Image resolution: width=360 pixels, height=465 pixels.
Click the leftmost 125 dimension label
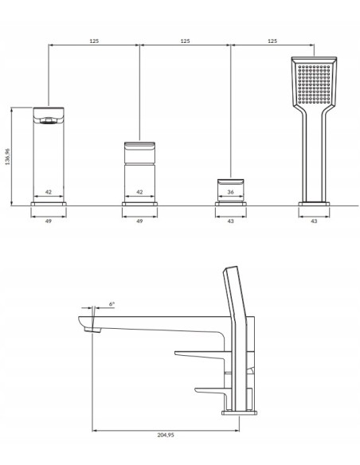[x=94, y=41]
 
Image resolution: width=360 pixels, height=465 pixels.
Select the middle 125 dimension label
[x=185, y=41]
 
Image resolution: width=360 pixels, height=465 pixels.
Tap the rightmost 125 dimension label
[x=272, y=41]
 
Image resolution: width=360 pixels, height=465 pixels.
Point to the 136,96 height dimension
[x=7, y=156]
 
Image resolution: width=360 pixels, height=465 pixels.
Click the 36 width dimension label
[x=231, y=192]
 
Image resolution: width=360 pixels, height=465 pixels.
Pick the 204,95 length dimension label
[x=166, y=435]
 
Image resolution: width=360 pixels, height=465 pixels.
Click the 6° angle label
[x=112, y=304]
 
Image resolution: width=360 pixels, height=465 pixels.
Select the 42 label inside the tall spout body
[x=49, y=192]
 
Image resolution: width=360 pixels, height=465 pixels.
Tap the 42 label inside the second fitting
[x=139, y=192]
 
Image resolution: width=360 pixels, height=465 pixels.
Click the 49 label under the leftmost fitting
[x=49, y=221]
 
